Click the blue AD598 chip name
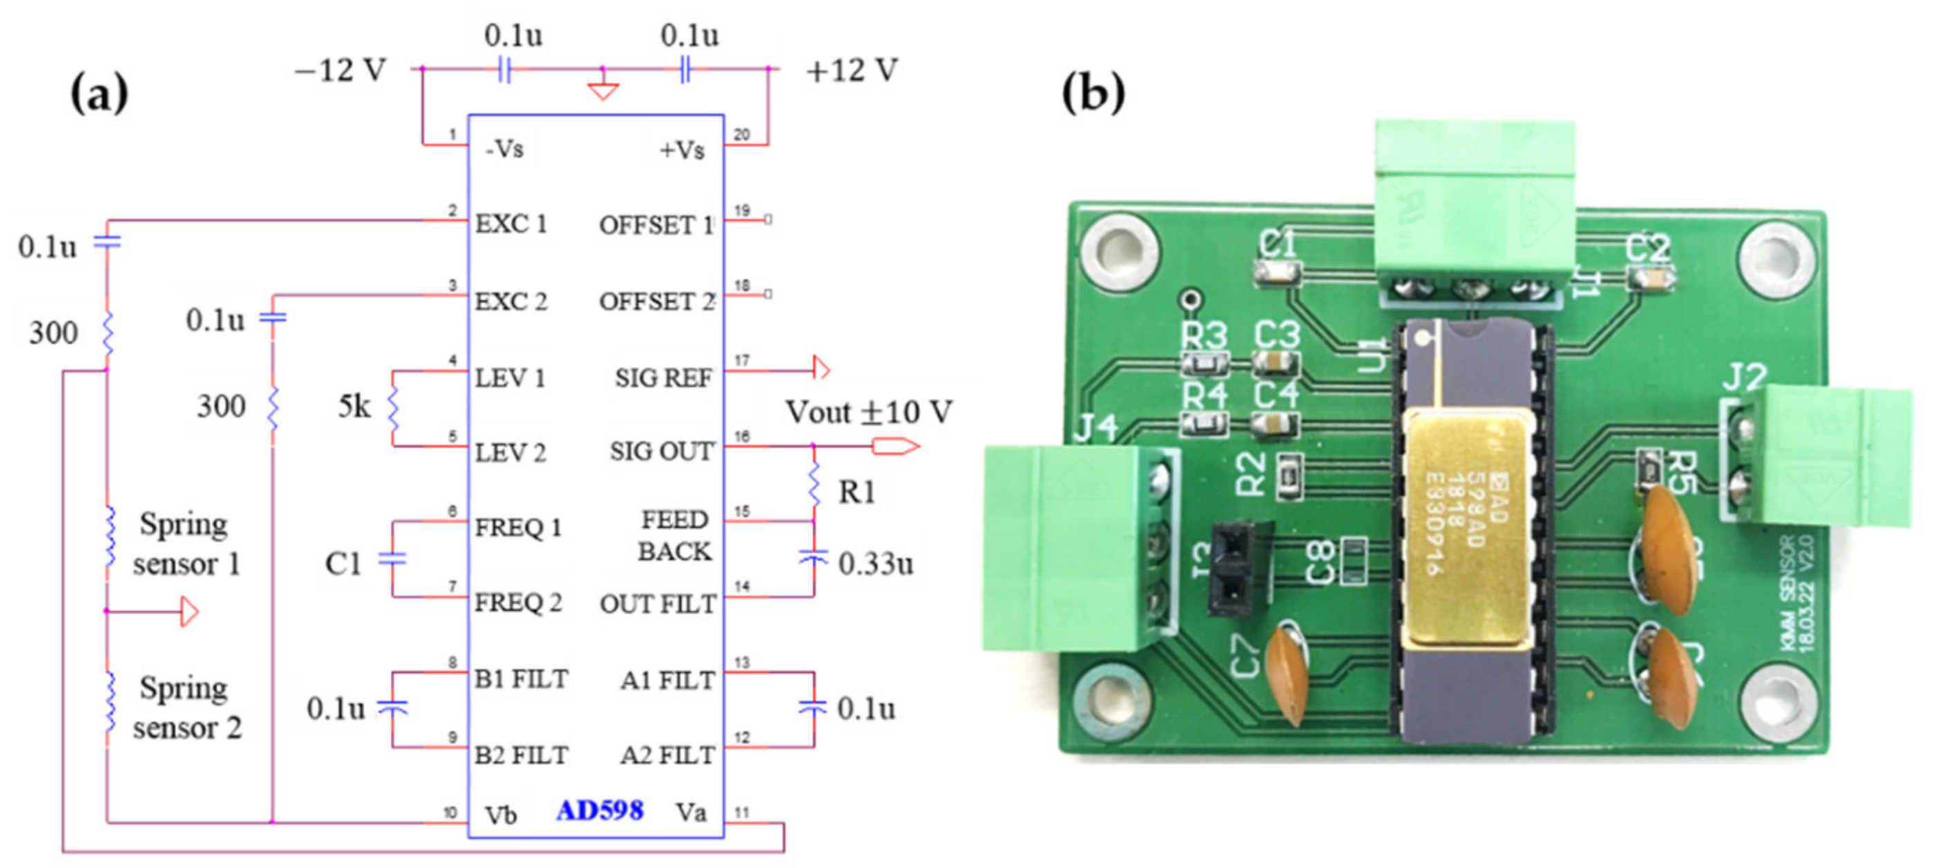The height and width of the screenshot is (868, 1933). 599,810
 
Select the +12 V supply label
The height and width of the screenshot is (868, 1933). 851,70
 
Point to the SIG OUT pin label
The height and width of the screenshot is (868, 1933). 661,452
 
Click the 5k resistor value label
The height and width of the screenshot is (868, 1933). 354,406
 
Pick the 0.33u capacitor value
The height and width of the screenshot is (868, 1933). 875,563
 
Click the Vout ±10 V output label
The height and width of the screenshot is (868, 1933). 868,412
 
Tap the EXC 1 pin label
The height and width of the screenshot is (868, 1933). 511,223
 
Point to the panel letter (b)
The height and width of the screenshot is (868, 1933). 1092,93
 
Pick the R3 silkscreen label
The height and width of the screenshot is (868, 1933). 1203,334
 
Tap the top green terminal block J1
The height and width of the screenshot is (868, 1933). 1474,202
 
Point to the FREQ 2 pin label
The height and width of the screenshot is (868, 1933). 518,603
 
